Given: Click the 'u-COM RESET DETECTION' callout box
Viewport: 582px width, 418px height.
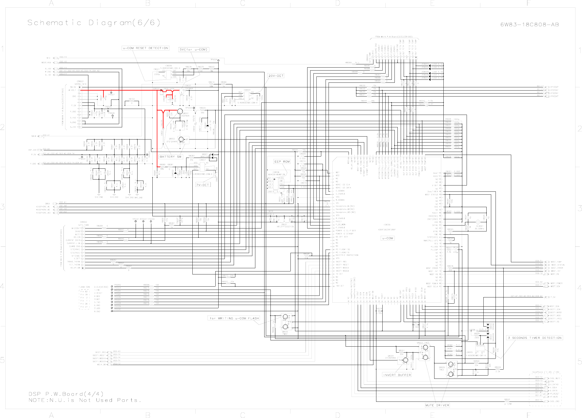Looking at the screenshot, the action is [x=146, y=48].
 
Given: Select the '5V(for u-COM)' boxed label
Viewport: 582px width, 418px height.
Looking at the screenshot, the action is [x=193, y=49].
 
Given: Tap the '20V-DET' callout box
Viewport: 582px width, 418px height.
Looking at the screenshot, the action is [x=276, y=76].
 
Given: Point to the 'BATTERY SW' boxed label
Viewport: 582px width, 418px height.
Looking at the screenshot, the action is [x=170, y=157].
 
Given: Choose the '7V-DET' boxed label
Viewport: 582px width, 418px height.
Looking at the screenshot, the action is [x=203, y=185].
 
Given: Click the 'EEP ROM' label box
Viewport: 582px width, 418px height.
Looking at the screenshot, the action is [x=282, y=161].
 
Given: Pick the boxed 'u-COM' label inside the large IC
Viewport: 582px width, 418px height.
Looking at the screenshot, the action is [x=387, y=238].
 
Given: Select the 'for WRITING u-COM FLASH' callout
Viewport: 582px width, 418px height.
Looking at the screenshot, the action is [x=234, y=318].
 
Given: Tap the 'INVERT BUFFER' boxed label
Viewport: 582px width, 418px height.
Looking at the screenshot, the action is [x=397, y=375].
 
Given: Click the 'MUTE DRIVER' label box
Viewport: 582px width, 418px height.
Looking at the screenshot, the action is [x=437, y=405].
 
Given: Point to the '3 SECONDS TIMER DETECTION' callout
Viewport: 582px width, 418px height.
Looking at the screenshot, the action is [x=534, y=338].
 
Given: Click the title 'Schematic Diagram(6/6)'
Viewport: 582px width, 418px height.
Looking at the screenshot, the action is [x=94, y=23].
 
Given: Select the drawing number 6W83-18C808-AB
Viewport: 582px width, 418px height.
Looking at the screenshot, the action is [x=530, y=25].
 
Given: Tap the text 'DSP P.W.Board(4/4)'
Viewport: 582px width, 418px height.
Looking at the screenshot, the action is [x=66, y=394].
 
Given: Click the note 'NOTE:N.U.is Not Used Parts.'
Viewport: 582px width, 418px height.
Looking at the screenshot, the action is [x=85, y=400].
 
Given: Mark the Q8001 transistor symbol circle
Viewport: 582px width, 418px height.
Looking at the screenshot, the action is [x=180, y=111].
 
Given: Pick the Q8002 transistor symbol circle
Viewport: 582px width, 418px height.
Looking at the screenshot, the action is [x=181, y=139].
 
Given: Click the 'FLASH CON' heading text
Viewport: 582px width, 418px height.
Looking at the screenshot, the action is [x=84, y=287].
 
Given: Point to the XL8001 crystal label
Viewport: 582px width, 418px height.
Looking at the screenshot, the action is [x=480, y=226].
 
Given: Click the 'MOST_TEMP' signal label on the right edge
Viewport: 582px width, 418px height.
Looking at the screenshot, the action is [x=556, y=262].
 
